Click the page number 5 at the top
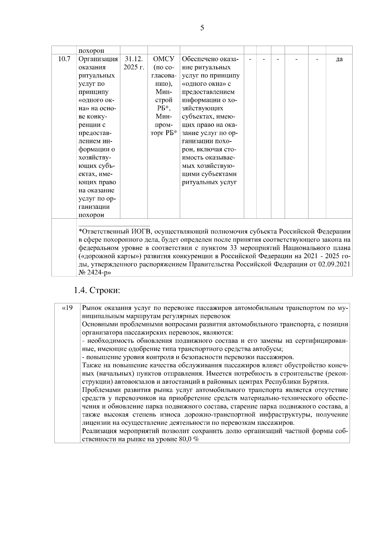[x=202, y=28]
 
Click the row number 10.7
[x=64, y=59]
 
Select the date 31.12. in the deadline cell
[x=133, y=59]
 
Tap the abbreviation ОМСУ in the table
[x=163, y=59]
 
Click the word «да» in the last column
[x=339, y=59]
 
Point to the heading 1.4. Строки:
[x=97, y=290]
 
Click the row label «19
[x=67, y=308]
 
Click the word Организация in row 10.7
[x=98, y=59]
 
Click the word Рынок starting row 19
[x=92, y=308]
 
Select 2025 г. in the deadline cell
[x=134, y=68]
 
